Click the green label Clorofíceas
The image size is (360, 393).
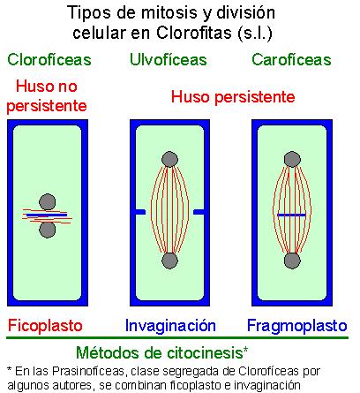tap(49, 60)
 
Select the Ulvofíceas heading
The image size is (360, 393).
tap(169, 60)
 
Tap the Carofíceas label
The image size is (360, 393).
tap(291, 60)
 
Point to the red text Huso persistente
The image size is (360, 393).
tap(233, 97)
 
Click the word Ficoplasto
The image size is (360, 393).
tap(45, 326)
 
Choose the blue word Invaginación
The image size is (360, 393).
tap(170, 326)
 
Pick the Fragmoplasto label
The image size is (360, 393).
tap(297, 326)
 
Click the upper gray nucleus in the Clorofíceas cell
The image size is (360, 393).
tap(48, 202)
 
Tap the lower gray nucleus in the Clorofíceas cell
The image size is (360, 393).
tap(48, 230)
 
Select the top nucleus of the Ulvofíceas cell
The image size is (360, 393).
tap(169, 160)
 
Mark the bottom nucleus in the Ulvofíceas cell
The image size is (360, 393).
tap(169, 261)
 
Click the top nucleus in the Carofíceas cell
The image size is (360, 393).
tap(292, 160)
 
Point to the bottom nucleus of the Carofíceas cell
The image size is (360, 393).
tap(292, 261)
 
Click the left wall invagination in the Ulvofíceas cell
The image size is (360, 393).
tap(140, 212)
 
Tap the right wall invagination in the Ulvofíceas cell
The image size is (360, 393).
tap(199, 212)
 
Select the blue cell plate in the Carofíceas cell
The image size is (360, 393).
tap(291, 215)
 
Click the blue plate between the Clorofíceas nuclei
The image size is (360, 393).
tap(47, 215)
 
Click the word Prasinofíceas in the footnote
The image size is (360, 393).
tap(88, 372)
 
